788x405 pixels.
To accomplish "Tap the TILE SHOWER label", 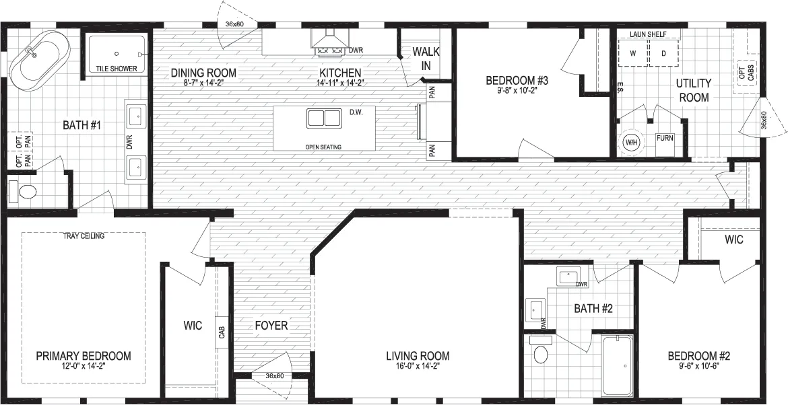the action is point(116,69).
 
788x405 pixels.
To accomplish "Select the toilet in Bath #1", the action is point(23,191).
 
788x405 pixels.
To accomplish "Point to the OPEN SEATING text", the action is point(323,147).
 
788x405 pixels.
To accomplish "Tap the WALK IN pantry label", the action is point(426,59).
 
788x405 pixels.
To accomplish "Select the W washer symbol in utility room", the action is point(632,53).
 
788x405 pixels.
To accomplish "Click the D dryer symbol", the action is point(663,53).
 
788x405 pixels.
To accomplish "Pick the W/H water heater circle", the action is point(630,142).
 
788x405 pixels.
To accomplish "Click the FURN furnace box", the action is point(665,138).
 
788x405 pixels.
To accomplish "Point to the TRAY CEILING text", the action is point(84,236).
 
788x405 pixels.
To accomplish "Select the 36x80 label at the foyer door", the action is point(275,376).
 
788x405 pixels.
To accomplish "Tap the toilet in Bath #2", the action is point(540,351).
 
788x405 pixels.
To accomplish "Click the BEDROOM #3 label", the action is point(517,80).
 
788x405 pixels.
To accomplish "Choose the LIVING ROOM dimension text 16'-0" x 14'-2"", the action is point(418,366).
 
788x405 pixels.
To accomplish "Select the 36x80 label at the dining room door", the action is point(234,25).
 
